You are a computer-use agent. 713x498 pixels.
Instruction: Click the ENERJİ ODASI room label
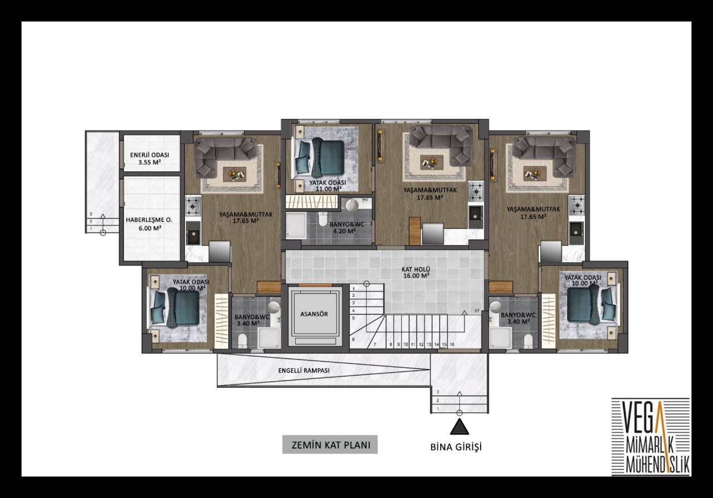pyautogui.click(x=150, y=159)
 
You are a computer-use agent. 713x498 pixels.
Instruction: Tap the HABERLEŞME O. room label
pyautogui.click(x=149, y=224)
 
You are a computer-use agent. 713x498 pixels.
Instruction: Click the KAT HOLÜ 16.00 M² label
pyautogui.click(x=415, y=272)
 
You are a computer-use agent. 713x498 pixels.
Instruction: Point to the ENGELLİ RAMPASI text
pyautogui.click(x=304, y=371)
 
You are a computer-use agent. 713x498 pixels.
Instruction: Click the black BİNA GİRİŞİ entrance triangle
pyautogui.click(x=459, y=427)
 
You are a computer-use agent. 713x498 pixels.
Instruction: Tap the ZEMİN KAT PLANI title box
pyautogui.click(x=330, y=445)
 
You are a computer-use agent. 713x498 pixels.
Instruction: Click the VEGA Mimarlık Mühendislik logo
pyautogui.click(x=651, y=437)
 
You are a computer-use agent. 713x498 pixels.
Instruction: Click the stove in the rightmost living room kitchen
pyautogui.click(x=577, y=205)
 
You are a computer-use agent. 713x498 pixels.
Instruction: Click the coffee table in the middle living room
pyautogui.click(x=432, y=162)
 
